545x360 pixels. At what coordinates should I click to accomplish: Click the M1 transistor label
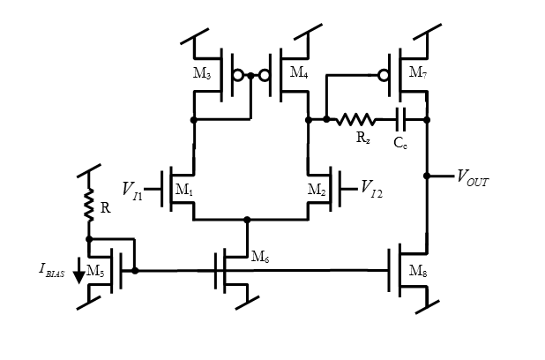[183, 189]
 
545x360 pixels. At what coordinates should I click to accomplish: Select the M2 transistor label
[317, 189]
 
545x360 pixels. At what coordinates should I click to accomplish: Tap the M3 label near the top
[202, 74]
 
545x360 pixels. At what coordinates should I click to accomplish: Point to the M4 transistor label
[299, 73]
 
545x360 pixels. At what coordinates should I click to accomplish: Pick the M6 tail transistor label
[260, 257]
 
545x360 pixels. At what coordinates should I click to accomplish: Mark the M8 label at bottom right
[418, 270]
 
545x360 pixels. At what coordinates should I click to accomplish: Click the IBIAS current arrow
[78, 274]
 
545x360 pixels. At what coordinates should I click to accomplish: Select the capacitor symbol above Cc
[401, 119]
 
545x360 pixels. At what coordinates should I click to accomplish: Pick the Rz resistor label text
[362, 138]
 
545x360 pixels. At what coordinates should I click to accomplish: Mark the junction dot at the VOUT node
[427, 176]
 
